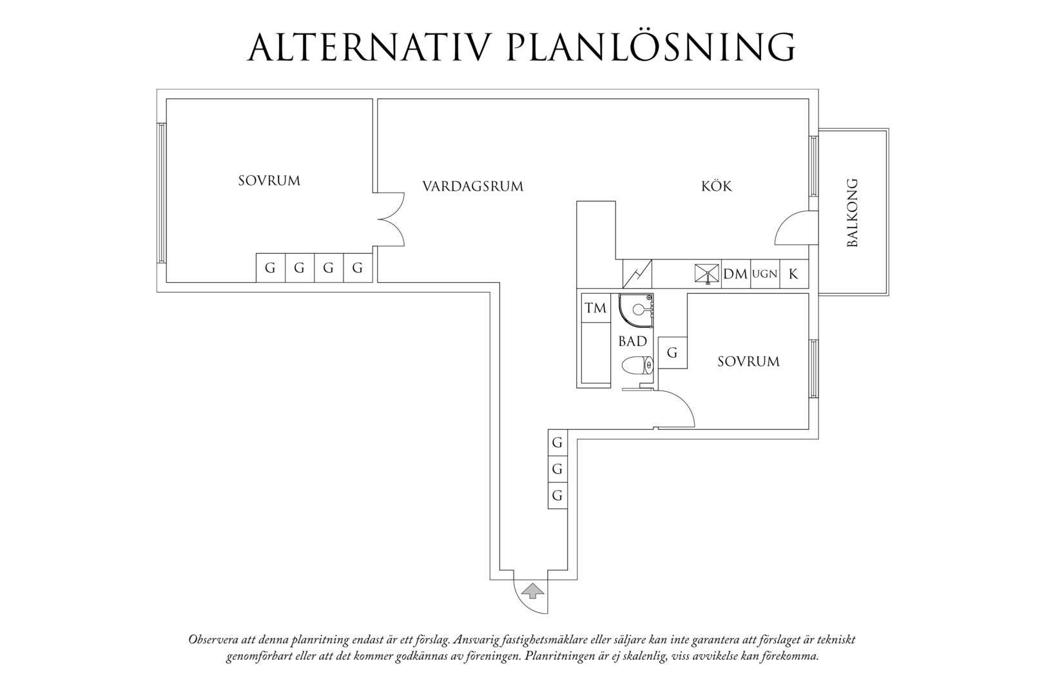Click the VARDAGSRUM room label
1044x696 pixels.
[472, 186]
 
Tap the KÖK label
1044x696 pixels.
[717, 186]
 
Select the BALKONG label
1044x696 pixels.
[852, 213]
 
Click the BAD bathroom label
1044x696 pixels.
[632, 342]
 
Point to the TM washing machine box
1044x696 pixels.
[595, 308]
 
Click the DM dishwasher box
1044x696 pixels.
[736, 274]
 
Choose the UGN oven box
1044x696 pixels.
[765, 274]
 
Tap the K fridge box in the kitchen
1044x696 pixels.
[794, 274]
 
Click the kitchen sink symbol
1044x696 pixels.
[706, 274]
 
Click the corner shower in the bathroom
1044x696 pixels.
[635, 311]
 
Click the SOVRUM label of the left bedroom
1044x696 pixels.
[269, 181]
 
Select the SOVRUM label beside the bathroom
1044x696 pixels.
[748, 362]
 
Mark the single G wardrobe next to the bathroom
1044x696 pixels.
[673, 353]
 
